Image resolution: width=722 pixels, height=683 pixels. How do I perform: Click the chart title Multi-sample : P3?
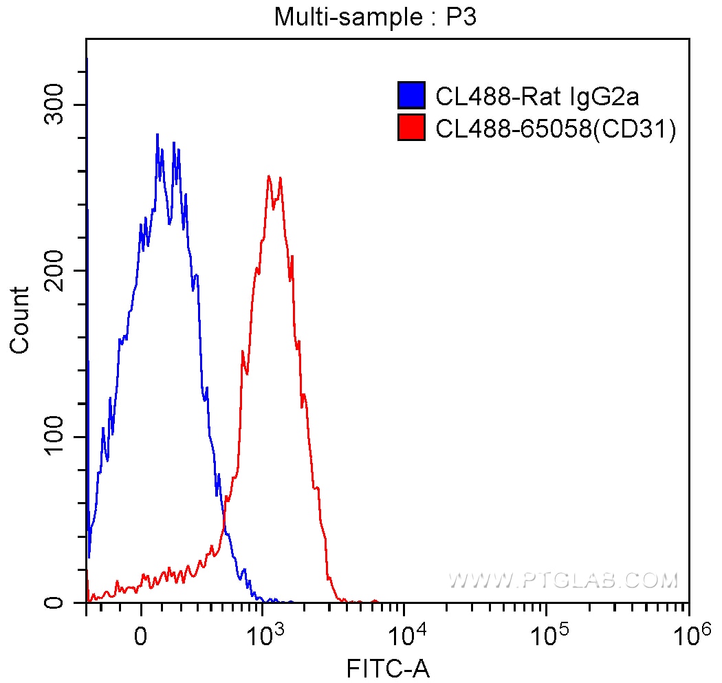click(x=375, y=17)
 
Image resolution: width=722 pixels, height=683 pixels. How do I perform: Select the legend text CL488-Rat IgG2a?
click(x=537, y=97)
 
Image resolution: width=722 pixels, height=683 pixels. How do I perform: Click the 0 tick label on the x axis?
click(x=141, y=635)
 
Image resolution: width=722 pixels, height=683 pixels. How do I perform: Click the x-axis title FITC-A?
click(x=389, y=669)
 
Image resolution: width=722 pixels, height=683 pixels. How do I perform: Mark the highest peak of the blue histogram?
click(x=157, y=134)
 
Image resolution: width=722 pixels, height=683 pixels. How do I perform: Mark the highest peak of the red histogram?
click(x=269, y=176)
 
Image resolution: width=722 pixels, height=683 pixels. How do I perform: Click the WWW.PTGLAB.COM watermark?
click(x=563, y=581)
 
